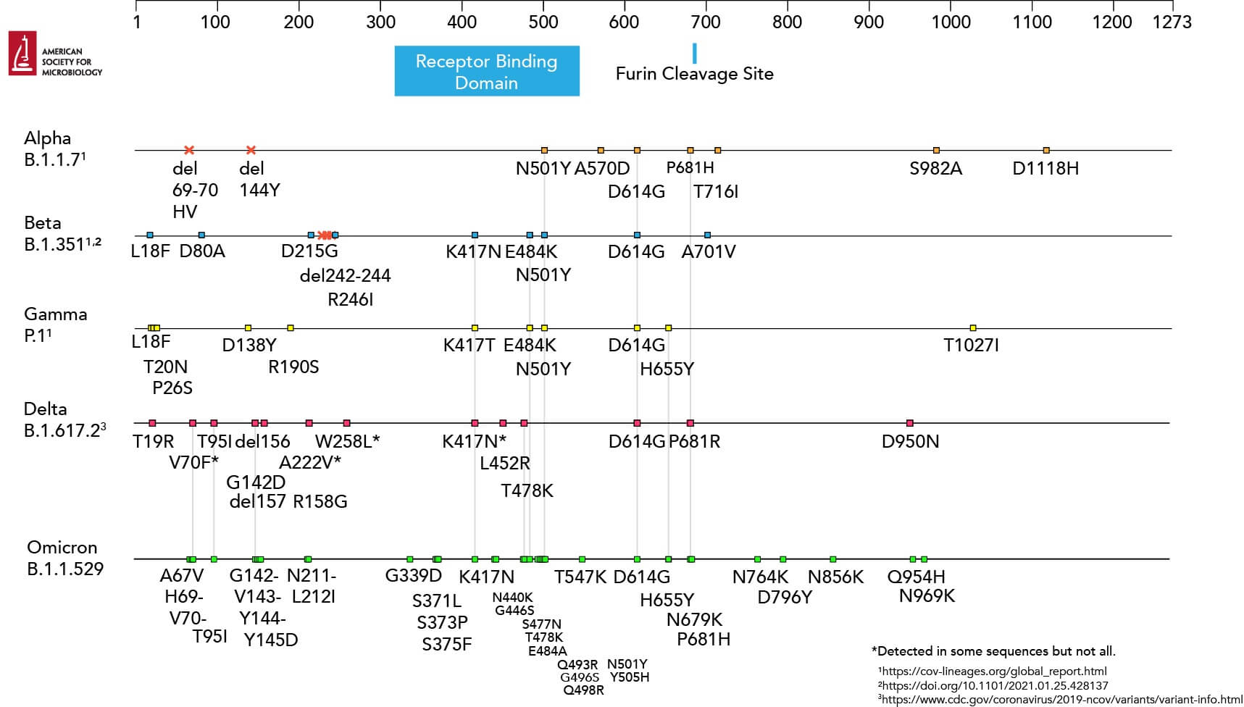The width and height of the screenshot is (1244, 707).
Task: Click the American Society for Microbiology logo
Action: point(55,54)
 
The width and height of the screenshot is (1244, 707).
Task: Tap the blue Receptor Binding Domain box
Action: point(486,71)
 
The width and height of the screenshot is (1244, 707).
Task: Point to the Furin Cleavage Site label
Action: point(694,74)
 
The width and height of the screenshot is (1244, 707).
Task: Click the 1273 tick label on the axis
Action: point(1171,22)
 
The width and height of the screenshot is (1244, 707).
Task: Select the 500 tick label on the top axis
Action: point(543,22)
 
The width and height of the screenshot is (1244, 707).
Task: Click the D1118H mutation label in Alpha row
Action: point(1045,169)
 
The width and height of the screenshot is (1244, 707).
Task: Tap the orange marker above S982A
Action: point(936,150)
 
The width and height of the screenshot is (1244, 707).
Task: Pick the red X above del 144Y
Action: point(251,150)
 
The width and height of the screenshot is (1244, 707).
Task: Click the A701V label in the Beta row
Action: point(708,252)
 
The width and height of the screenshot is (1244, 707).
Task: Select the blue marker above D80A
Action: point(201,235)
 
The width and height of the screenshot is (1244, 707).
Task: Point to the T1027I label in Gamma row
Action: point(971,346)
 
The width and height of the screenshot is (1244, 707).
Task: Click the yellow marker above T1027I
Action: point(972,328)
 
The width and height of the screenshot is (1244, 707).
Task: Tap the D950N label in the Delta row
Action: point(910,442)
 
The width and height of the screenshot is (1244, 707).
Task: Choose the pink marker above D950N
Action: point(910,423)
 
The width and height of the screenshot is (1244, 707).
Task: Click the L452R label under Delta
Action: point(505,464)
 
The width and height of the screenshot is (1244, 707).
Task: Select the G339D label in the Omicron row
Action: point(413,577)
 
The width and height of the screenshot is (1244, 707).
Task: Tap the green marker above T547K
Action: point(582,559)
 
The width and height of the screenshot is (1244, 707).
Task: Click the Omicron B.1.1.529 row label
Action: point(64,558)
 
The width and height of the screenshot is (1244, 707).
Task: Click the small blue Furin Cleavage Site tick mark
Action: point(694,53)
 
